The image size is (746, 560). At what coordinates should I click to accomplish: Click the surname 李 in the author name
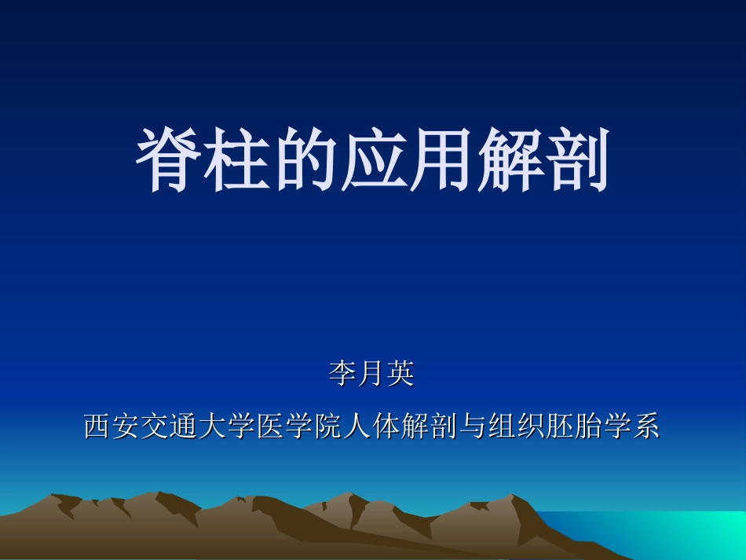(x=343, y=374)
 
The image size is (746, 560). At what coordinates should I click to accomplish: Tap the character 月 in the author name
(x=371, y=374)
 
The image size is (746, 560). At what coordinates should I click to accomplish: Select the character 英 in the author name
(x=400, y=374)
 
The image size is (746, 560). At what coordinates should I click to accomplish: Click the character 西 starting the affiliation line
(x=98, y=426)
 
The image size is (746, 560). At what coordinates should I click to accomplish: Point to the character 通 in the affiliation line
(x=185, y=426)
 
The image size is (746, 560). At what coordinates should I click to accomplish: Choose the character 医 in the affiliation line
(x=271, y=426)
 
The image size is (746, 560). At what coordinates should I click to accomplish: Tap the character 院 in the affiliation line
(x=328, y=426)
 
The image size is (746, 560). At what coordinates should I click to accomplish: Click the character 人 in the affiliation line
(x=357, y=426)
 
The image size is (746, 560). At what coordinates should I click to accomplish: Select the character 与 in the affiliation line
(x=473, y=426)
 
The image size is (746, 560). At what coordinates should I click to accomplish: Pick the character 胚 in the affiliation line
(x=559, y=426)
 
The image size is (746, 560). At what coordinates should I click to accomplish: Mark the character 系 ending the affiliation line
(x=645, y=426)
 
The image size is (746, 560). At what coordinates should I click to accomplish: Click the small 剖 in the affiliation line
(x=444, y=426)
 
